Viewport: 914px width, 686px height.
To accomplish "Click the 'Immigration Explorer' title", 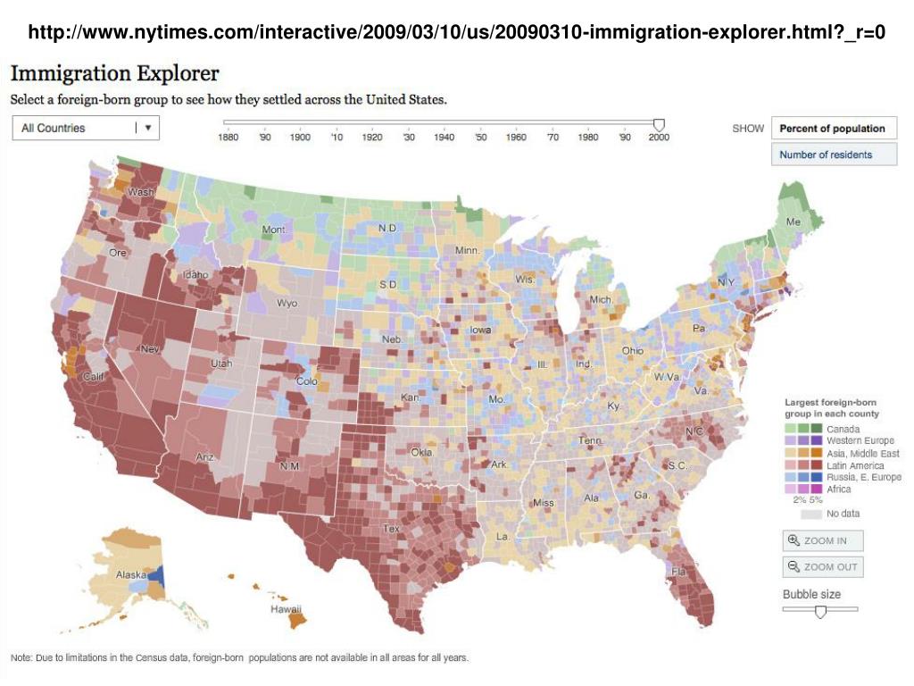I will click(115, 74).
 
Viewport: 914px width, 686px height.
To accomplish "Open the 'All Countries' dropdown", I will click(86, 128).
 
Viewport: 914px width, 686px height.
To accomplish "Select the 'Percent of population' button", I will click(832, 129).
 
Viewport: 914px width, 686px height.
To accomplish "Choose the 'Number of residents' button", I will click(826, 155).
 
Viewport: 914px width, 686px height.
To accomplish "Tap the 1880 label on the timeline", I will click(228, 138).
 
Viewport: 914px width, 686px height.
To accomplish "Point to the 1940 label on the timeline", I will click(444, 138).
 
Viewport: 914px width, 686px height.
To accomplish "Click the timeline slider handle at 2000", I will click(660, 124).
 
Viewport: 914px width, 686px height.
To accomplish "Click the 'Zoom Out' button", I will click(822, 566).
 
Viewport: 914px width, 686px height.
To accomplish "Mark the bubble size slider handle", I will click(820, 611).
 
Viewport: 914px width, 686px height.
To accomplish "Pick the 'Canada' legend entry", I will click(843, 430).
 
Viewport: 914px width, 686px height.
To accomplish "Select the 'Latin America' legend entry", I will click(855, 465).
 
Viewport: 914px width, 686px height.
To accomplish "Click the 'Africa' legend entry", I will click(839, 489).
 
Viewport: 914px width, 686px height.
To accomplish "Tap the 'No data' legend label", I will click(843, 514).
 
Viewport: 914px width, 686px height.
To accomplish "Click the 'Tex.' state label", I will click(392, 529).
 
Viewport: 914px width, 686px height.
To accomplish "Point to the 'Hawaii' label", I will click(287, 608).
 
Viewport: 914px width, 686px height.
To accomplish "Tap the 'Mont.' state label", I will click(274, 230).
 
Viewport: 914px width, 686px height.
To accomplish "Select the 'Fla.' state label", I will click(680, 572).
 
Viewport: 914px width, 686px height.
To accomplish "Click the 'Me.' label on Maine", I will click(793, 222).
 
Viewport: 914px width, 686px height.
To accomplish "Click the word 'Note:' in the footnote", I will click(22, 658).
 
